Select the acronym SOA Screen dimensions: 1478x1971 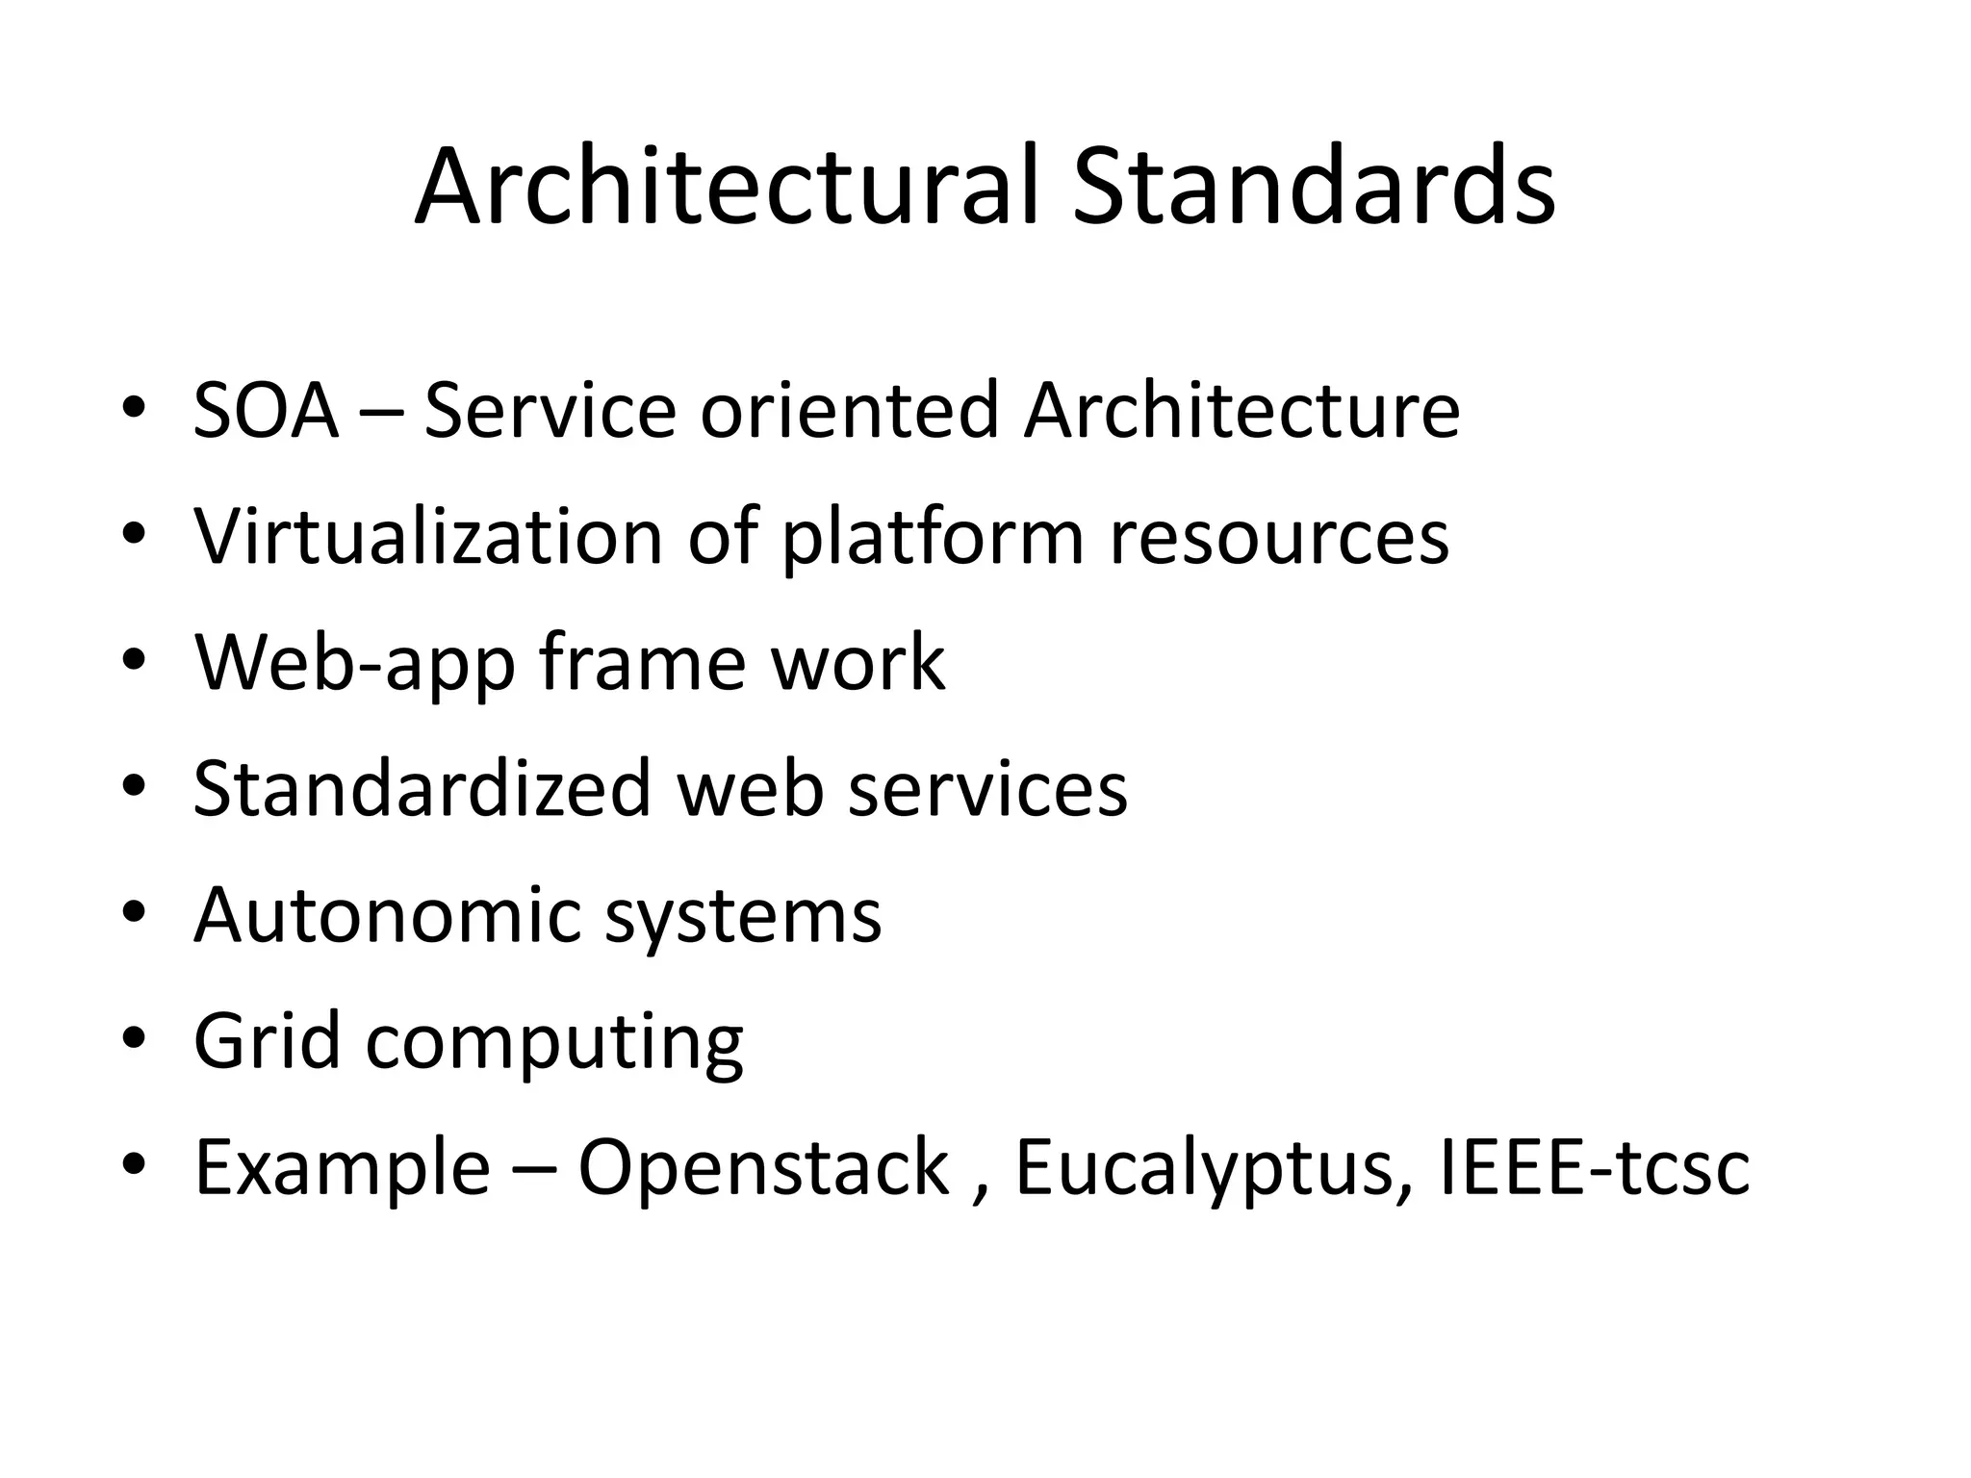[x=267, y=411]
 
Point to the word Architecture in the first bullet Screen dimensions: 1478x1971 [x=1241, y=411]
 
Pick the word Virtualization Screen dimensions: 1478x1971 [x=428, y=536]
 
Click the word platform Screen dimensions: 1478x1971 [x=933, y=536]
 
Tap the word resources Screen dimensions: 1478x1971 [x=1279, y=536]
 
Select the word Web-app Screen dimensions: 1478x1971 [x=354, y=663]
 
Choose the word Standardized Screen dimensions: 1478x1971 [x=422, y=788]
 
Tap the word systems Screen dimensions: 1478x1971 [x=743, y=917]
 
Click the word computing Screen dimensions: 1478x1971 [x=554, y=1043]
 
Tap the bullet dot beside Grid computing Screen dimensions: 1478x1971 [x=134, y=1040]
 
